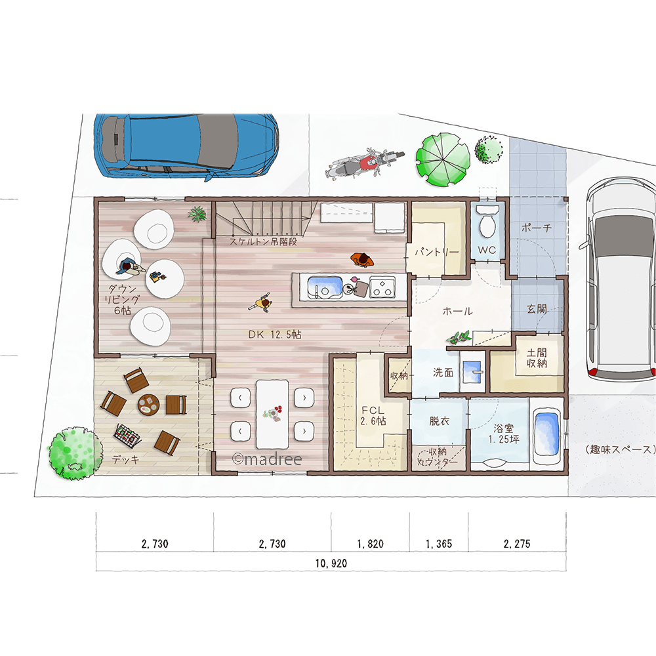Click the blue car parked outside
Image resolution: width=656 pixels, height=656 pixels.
186,146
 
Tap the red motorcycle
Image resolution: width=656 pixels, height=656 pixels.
364,163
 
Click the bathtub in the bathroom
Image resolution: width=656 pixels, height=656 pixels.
547,436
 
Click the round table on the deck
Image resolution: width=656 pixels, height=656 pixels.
148,405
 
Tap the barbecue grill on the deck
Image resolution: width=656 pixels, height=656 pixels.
127,435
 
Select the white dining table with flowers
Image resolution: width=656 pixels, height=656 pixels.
272,414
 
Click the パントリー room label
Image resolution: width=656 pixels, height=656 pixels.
437,253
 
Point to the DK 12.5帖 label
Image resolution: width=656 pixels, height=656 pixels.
274,335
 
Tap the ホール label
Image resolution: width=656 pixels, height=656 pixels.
457,311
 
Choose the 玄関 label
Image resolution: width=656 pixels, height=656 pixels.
537,309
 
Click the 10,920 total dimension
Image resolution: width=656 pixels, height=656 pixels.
331,564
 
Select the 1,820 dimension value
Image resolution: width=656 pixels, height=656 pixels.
370,544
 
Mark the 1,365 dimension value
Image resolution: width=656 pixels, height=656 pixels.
439,544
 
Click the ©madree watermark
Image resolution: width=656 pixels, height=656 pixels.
267,459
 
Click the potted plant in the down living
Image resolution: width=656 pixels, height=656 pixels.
197,214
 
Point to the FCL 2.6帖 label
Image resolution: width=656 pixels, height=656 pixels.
373,416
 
